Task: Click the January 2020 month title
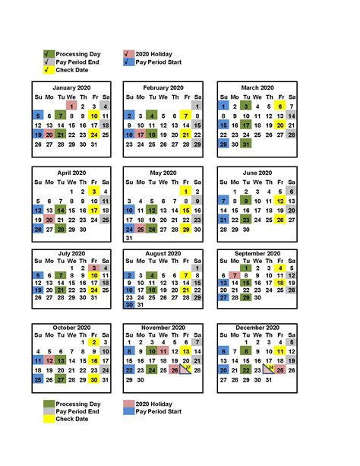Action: (x=72, y=88)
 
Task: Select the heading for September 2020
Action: (x=257, y=253)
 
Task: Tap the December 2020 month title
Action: (x=257, y=327)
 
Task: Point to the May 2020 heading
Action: (x=164, y=173)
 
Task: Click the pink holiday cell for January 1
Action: (x=71, y=106)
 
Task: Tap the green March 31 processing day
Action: (x=245, y=144)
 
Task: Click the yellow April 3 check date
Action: (x=93, y=191)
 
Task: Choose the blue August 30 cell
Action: (x=129, y=304)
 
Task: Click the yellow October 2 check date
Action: (x=93, y=341)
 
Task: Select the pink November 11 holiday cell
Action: (x=163, y=351)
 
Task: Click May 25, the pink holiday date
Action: (x=141, y=229)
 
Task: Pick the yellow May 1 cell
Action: (x=185, y=191)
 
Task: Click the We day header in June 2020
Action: (x=257, y=182)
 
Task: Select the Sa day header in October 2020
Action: (x=105, y=332)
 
